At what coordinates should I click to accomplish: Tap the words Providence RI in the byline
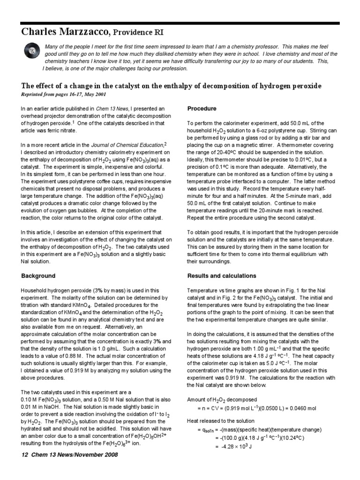point(138,32)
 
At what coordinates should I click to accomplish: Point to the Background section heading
point(38,276)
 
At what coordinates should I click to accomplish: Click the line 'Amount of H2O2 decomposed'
point(222,400)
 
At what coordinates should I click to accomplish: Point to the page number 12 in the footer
point(25,455)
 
